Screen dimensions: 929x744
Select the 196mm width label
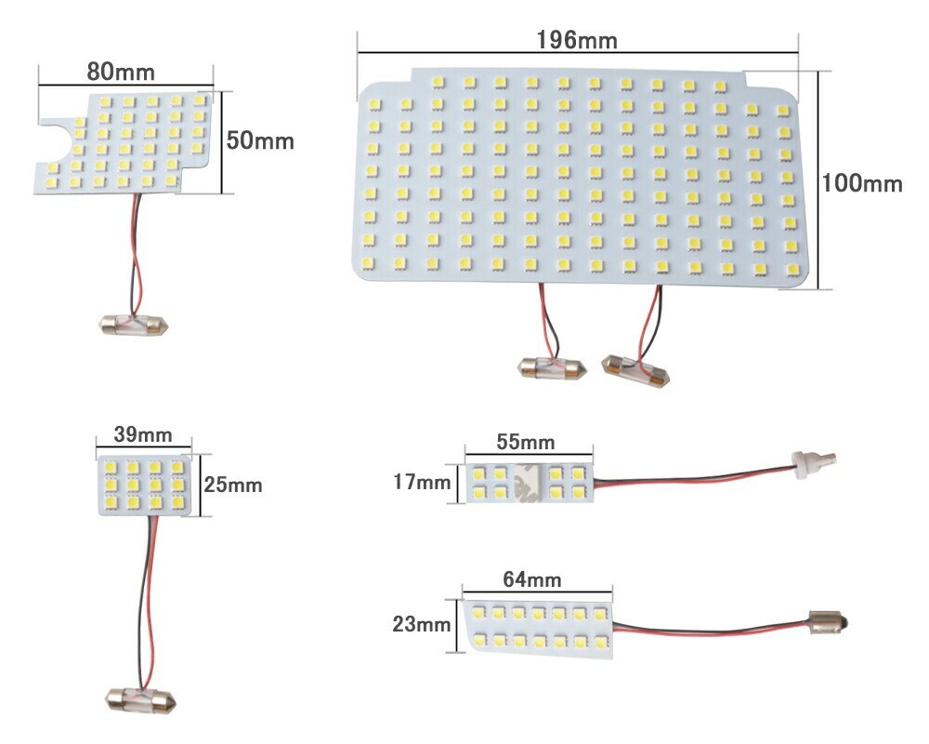[x=577, y=40]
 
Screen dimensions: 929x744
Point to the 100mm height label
[x=861, y=183]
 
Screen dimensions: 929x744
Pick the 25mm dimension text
[x=233, y=485]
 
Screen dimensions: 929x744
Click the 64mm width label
[x=532, y=579]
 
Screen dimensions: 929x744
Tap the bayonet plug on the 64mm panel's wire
[x=830, y=620]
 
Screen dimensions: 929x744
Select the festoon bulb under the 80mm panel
[x=132, y=325]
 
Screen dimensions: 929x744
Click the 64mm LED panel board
[x=539, y=628]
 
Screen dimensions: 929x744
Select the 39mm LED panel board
[x=143, y=485]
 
